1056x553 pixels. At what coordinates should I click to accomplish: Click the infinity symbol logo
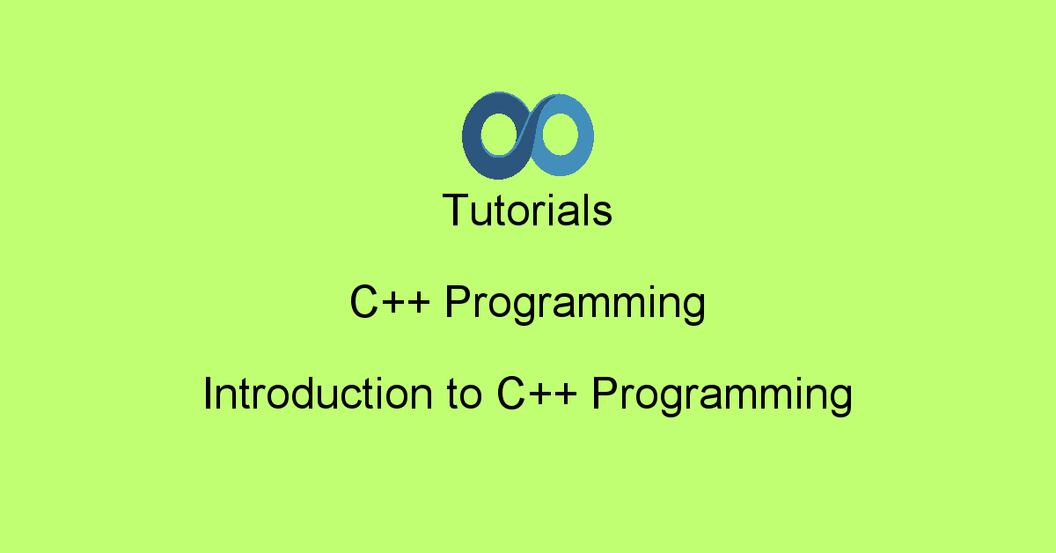[528, 136]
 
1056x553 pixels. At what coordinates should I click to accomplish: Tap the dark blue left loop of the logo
[472, 136]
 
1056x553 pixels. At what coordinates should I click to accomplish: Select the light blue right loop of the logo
[584, 136]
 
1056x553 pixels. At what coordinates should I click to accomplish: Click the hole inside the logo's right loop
[560, 134]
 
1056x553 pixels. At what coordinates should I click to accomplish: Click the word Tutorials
[527, 210]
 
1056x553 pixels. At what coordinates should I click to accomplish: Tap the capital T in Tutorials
[456, 210]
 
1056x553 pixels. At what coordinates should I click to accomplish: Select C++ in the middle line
[390, 301]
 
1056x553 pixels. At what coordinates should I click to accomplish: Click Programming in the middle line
[576, 305]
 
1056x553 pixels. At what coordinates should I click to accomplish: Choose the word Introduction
[319, 394]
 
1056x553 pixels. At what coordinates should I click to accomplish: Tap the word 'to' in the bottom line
[465, 395]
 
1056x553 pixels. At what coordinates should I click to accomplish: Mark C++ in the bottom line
[537, 394]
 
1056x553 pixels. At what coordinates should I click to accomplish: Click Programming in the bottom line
[722, 396]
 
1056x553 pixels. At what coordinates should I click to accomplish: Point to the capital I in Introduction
[207, 394]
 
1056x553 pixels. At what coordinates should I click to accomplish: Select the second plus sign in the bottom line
[566, 394]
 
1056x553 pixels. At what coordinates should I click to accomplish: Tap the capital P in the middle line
[458, 301]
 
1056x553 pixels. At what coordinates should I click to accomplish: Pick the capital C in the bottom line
[511, 394]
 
